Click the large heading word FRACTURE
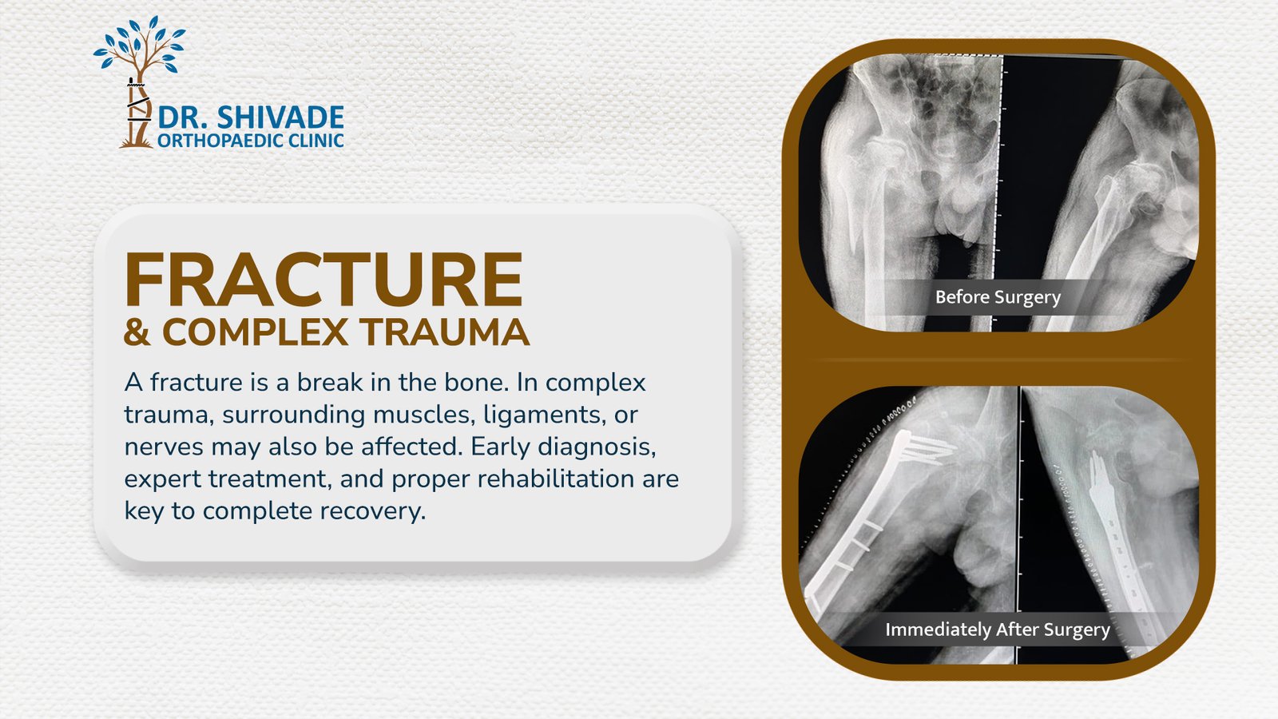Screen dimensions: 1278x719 click(323, 279)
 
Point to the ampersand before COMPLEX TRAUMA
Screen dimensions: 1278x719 click(137, 332)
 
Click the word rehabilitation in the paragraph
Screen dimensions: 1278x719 click(556, 479)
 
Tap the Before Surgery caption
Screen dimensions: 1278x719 click(998, 297)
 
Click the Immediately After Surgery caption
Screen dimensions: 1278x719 click(998, 630)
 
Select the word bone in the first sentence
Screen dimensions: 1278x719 click(477, 383)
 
